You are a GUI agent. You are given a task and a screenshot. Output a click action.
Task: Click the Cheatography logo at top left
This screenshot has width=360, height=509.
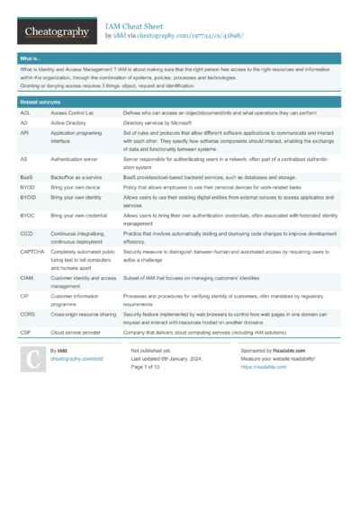pyautogui.click(x=56, y=32)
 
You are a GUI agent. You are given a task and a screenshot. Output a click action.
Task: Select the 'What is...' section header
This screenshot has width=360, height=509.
pyautogui.click(x=31, y=58)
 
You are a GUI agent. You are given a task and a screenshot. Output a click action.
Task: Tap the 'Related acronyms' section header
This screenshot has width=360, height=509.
pyautogui.click(x=40, y=103)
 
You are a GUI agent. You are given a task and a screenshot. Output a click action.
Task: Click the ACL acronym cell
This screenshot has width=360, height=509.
pyautogui.click(x=25, y=113)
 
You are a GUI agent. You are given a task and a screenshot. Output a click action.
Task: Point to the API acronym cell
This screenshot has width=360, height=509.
pyautogui.click(x=25, y=133)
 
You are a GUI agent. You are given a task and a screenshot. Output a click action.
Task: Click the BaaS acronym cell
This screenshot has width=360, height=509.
pyautogui.click(x=28, y=178)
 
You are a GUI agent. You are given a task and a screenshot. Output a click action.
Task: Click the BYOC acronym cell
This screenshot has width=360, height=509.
pyautogui.click(x=28, y=217)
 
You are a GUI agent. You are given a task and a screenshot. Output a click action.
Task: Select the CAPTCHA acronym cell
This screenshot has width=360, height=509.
pyautogui.click(x=32, y=254)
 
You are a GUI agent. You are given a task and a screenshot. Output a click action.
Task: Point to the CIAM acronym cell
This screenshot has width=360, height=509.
pyautogui.click(x=27, y=280)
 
